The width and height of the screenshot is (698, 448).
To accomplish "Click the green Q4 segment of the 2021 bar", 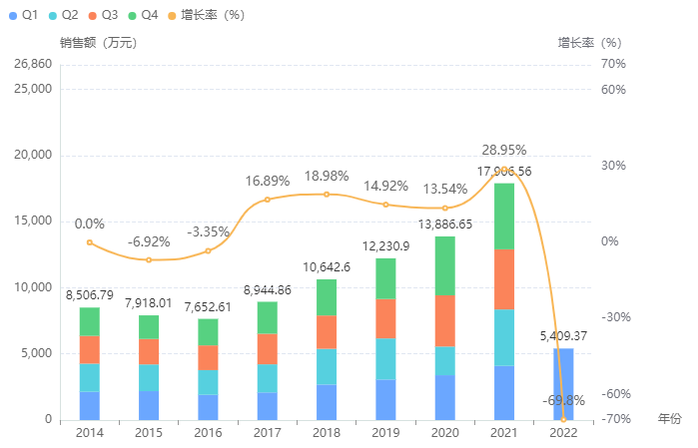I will [x=503, y=216].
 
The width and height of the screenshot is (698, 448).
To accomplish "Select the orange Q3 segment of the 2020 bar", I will [x=444, y=320].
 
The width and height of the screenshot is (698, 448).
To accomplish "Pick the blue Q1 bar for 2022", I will [x=563, y=383].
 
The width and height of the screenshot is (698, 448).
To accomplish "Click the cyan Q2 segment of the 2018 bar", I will [x=327, y=366].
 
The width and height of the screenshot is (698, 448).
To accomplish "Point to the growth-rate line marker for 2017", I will [x=267, y=200].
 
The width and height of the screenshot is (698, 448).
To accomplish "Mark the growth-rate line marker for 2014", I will [x=90, y=242].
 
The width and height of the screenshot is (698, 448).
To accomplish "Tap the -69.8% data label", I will [x=563, y=400].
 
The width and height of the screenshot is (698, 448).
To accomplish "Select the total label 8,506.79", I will [x=90, y=294].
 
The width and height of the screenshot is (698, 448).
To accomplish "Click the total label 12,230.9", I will [x=385, y=245].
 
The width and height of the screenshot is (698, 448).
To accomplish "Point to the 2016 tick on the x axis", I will [x=208, y=432].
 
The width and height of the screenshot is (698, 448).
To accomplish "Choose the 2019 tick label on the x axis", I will [x=385, y=432].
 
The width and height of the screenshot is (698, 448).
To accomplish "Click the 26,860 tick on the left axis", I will [x=33, y=64].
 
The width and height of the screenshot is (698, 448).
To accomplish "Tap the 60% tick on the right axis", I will [x=613, y=90].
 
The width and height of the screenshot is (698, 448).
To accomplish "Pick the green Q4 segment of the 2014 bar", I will [x=90, y=321].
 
